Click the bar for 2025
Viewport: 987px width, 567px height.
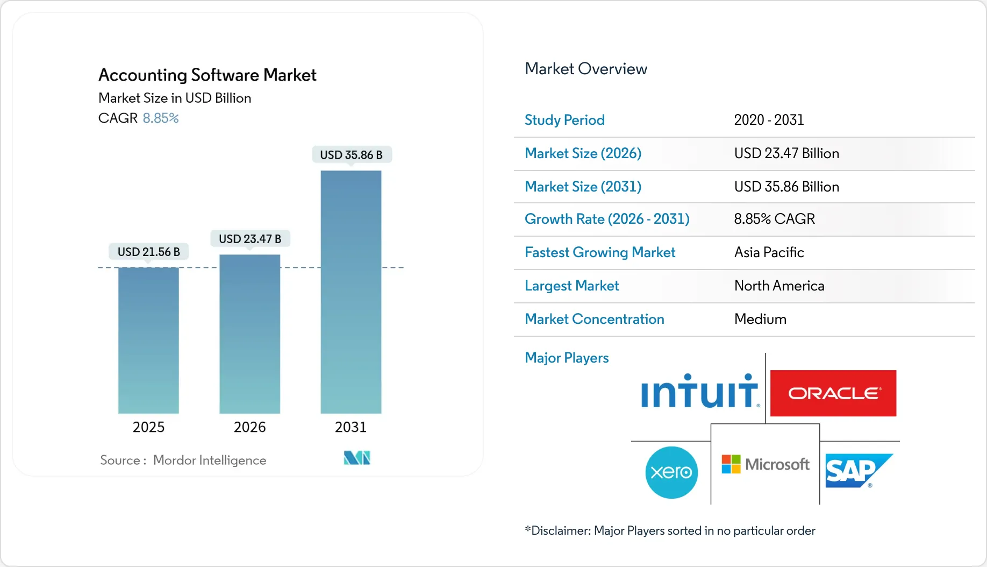pos(148,340)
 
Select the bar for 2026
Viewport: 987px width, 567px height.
pos(249,334)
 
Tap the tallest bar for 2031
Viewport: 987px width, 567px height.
pos(351,292)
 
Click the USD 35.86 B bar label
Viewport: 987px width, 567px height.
pos(351,155)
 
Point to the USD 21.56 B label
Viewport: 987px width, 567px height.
pos(148,252)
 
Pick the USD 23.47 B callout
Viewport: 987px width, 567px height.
pos(249,239)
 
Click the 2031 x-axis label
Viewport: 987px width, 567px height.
pos(351,427)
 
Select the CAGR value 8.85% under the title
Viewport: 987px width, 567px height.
pos(160,118)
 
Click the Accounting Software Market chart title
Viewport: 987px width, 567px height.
pos(207,75)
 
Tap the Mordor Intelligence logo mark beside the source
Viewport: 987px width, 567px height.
pos(357,458)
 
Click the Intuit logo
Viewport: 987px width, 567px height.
pos(699,391)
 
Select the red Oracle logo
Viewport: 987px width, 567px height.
pos(833,393)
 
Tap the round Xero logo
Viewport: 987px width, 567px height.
pos(671,472)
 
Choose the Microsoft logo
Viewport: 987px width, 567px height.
pos(766,464)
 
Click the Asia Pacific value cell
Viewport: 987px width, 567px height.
pos(769,252)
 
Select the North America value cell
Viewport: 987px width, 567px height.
pos(779,286)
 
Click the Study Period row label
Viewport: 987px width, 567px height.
pos(564,120)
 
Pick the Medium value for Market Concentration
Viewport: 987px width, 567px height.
pos(760,319)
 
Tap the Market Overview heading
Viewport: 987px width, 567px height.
pos(585,69)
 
